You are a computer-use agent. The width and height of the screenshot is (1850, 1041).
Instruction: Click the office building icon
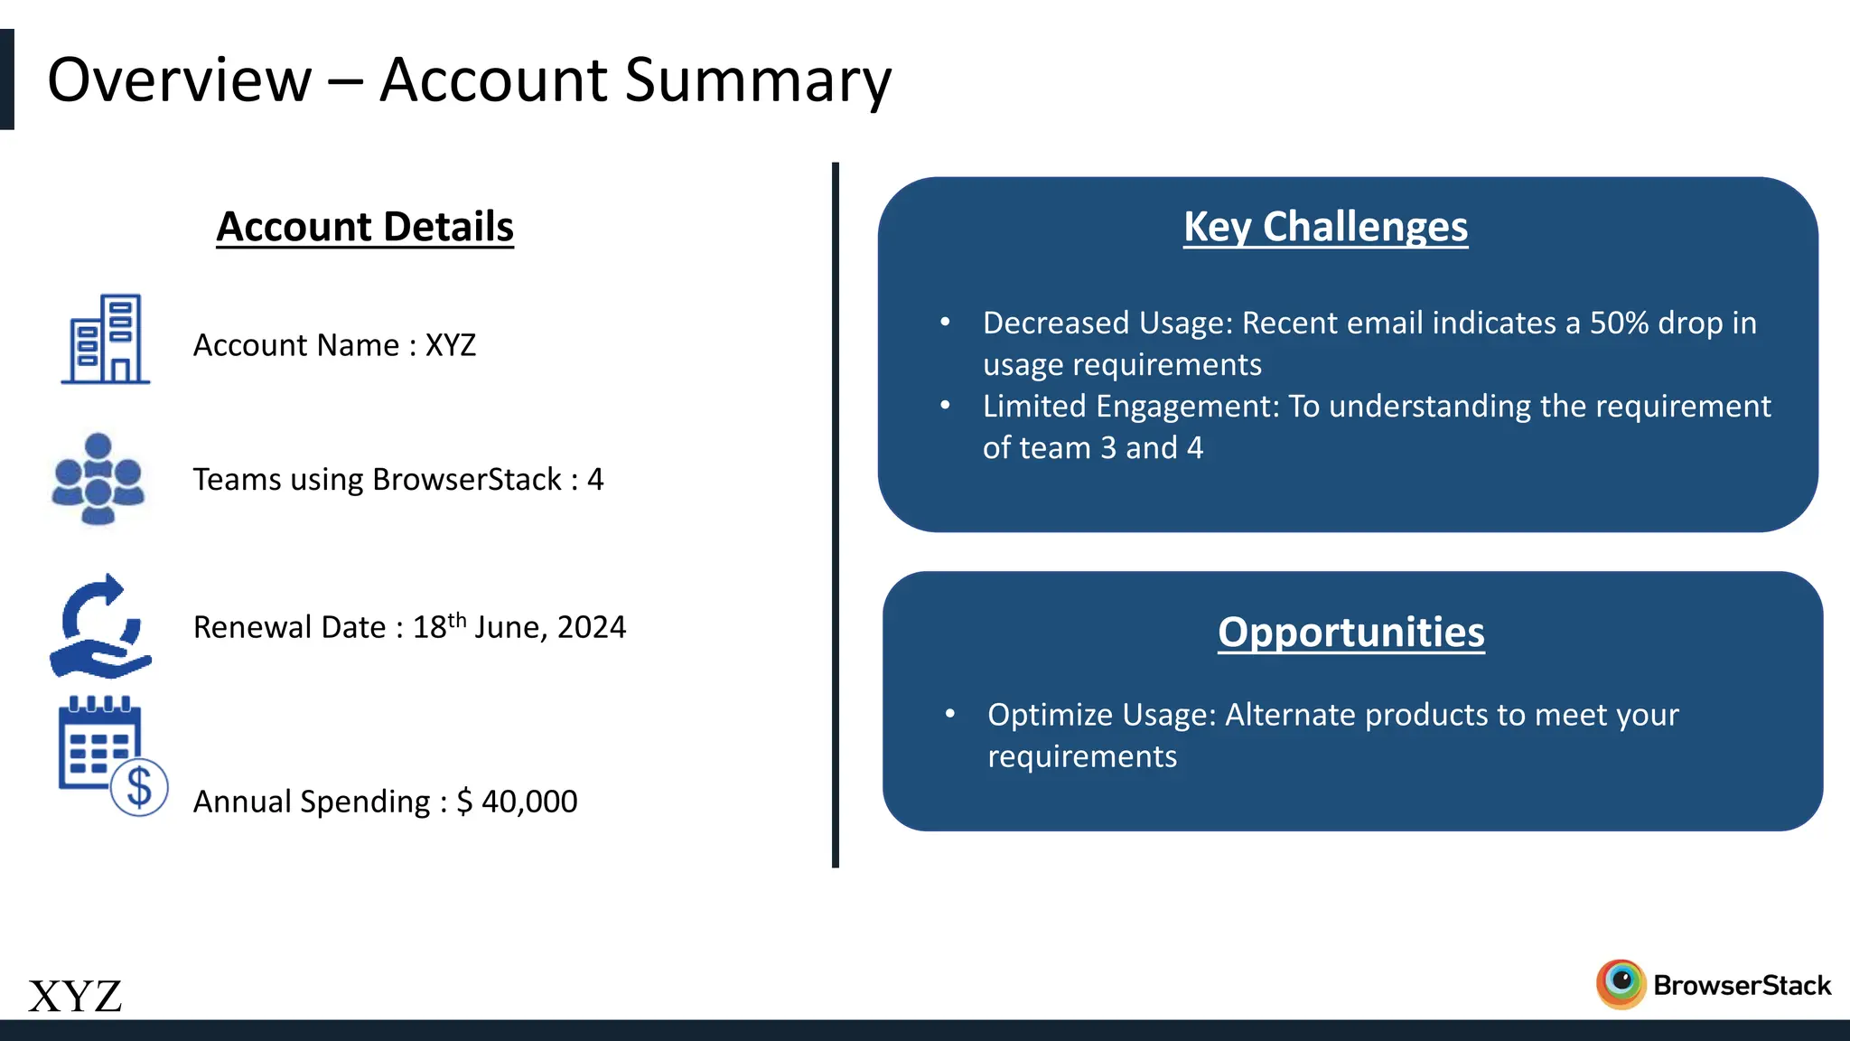[x=106, y=339]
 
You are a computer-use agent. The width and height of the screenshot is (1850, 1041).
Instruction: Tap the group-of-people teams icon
[x=98, y=479]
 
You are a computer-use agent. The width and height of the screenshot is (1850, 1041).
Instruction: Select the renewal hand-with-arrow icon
[x=99, y=627]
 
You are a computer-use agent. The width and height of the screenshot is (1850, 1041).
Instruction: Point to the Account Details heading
[x=365, y=227]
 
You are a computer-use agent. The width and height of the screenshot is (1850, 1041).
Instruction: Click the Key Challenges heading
[x=1325, y=227]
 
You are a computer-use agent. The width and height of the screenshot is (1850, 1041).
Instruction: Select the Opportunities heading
[x=1350, y=633]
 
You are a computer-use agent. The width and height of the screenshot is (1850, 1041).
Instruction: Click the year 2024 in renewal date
[x=592, y=627]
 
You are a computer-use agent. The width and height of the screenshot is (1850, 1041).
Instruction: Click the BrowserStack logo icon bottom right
[x=1621, y=983]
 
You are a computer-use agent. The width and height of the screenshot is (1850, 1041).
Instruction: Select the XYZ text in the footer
[x=75, y=997]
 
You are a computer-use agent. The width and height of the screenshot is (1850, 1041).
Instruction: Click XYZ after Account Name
[x=451, y=345]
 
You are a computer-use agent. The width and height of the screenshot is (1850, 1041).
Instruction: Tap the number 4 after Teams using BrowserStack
[x=595, y=479]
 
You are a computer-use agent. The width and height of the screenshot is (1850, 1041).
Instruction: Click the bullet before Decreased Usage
[x=945, y=322]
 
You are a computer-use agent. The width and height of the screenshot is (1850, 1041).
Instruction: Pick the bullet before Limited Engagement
[x=945, y=405]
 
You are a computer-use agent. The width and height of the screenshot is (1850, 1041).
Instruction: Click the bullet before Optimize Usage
[x=949, y=714]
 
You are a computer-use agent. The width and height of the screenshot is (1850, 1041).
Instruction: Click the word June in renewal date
[x=509, y=627]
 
